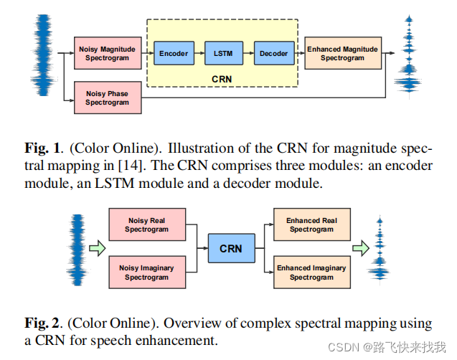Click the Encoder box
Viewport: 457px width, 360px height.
click(174, 54)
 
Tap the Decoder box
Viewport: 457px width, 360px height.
click(273, 54)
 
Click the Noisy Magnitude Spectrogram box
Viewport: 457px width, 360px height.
click(108, 53)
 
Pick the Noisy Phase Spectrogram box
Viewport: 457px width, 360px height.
click(108, 98)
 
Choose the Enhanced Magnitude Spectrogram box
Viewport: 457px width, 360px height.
click(342, 53)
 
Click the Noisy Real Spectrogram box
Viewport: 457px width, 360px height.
click(146, 225)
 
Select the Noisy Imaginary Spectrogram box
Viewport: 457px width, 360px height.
click(146, 273)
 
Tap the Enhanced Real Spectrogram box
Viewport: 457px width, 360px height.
click(311, 225)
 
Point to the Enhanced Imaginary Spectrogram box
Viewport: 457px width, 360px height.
click(311, 273)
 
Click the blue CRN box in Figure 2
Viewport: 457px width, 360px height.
click(230, 249)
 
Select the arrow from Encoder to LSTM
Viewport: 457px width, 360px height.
click(198, 54)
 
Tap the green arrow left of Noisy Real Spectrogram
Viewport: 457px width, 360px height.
click(96, 249)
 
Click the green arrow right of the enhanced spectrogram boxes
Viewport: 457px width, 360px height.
click(361, 248)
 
